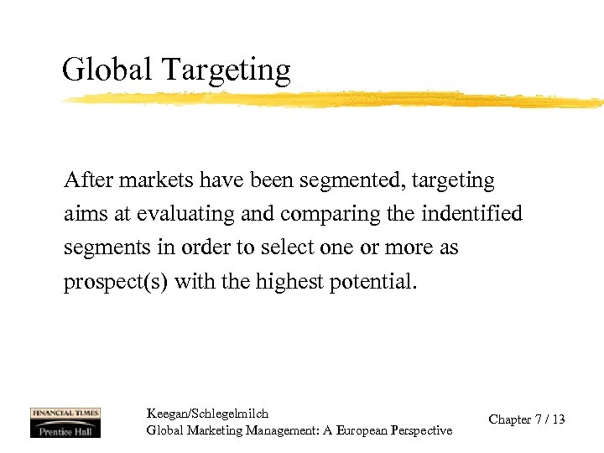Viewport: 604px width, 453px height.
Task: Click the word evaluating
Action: [186, 215]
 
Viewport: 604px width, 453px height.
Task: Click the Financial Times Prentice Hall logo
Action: [65, 422]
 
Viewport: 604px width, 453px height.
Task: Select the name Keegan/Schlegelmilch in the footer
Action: [207, 414]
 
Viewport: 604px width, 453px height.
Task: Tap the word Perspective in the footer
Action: [421, 430]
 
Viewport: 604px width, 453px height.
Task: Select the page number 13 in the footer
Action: [558, 419]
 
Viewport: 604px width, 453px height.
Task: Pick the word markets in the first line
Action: [148, 180]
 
